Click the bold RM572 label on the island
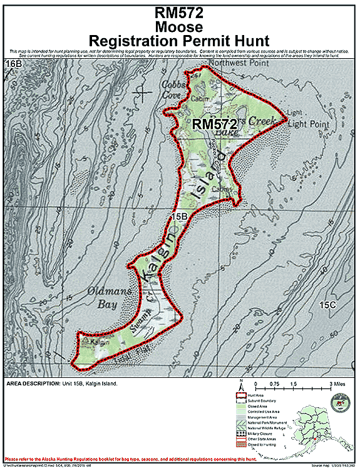tap(213, 124)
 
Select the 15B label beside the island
tap(180, 216)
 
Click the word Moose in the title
tap(180, 27)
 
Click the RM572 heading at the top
tap(180, 12)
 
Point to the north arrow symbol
tap(241, 385)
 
